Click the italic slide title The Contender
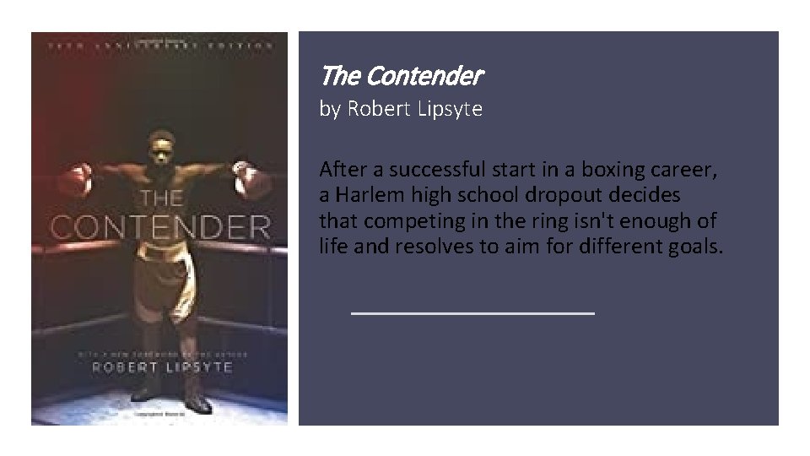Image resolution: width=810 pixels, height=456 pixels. coord(401,77)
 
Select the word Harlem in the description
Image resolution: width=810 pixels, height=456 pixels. coord(367,195)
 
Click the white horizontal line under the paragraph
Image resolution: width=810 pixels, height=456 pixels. coord(472,313)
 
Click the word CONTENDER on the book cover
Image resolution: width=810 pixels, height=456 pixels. coord(160,227)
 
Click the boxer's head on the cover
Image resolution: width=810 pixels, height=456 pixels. coord(159,146)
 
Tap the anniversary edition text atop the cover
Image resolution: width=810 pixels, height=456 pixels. coord(159,46)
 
